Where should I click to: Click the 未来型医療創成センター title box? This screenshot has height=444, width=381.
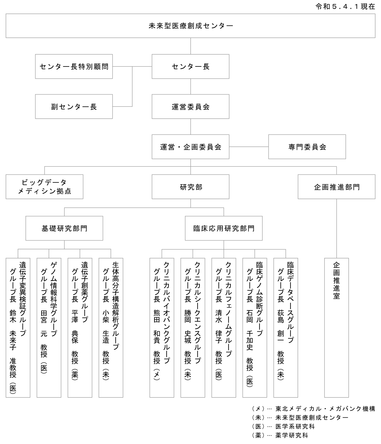(x=191, y=26)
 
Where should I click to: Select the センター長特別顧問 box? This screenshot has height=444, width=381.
(x=74, y=67)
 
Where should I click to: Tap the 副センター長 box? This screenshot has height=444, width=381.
(x=74, y=107)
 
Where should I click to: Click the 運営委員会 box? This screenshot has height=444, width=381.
(x=191, y=107)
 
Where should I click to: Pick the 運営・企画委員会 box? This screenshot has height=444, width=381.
(x=191, y=147)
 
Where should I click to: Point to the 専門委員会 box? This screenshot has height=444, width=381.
(x=307, y=147)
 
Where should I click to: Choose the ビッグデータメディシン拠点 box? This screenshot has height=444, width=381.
(x=44, y=187)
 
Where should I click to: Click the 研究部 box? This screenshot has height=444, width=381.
(x=191, y=187)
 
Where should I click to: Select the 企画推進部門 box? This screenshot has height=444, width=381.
(x=337, y=187)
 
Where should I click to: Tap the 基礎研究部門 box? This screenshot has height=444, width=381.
(x=64, y=228)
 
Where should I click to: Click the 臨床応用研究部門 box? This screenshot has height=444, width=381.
(x=224, y=228)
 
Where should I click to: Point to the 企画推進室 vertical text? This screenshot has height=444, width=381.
(x=337, y=281)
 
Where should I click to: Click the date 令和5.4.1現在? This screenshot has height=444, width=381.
(x=345, y=7)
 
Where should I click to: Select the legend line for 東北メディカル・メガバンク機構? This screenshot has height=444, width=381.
(x=314, y=408)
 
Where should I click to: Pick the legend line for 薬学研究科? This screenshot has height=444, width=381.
(x=280, y=435)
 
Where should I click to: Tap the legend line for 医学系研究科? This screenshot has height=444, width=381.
(x=283, y=426)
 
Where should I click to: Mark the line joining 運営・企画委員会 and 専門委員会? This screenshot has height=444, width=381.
(x=249, y=147)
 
